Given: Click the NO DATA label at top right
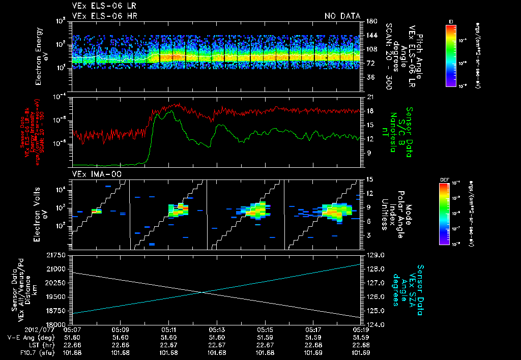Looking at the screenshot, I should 342,16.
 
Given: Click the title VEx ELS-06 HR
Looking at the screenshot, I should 104,16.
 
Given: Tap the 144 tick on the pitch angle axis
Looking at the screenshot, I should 371,36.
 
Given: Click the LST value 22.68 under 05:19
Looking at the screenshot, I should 361,345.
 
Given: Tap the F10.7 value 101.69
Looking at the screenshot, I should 361,352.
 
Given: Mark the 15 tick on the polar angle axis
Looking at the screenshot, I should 370,179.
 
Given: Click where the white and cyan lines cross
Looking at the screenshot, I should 203,292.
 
